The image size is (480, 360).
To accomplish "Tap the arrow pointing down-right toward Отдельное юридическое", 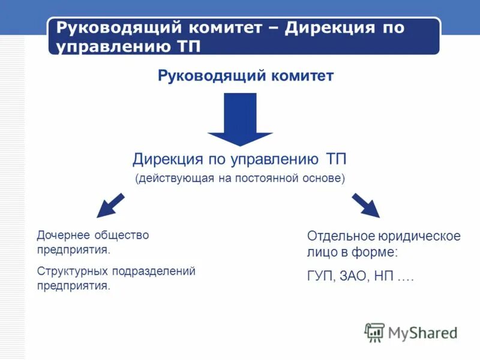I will pos(365,205).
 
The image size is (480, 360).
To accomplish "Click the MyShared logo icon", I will pos(374,332).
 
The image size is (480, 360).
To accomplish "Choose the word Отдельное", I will pos(340,236).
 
